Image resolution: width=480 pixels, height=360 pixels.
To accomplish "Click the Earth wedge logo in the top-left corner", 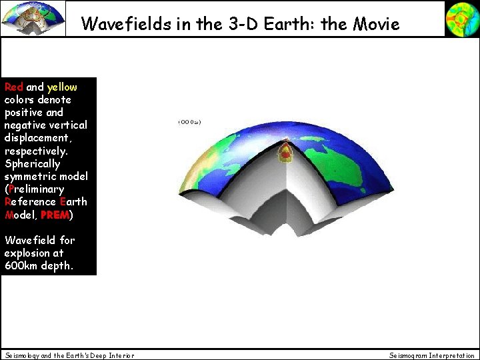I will click(x=33, y=18).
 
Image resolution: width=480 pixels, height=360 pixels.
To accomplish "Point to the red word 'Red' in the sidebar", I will click(x=13, y=87).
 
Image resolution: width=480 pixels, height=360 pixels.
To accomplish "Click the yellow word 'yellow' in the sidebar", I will click(x=62, y=87).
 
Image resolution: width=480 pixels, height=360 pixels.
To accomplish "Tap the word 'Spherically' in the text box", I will click(x=32, y=164).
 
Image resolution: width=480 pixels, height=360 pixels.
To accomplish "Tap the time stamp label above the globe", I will click(x=189, y=122).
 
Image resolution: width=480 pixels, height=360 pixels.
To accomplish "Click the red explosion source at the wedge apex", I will click(x=285, y=152).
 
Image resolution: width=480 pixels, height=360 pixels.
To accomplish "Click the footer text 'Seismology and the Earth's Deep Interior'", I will click(x=69, y=355).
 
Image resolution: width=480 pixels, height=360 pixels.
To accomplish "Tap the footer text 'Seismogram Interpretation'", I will click(x=432, y=355).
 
